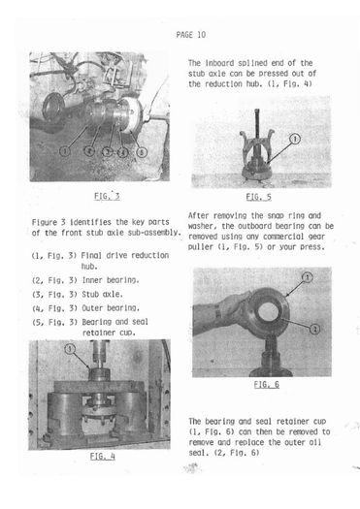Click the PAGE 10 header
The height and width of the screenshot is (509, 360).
(191, 35)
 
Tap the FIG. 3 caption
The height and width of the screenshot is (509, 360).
(107, 196)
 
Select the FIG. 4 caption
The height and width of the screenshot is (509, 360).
(102, 456)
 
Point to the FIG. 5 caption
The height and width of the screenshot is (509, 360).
(259, 197)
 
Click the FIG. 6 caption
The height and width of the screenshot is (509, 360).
(267, 384)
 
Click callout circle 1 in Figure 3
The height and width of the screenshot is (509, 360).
(65, 151)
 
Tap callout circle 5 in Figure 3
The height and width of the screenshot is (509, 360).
(142, 151)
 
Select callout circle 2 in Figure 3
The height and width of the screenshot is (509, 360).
(89, 151)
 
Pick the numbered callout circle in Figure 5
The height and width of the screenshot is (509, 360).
(295, 139)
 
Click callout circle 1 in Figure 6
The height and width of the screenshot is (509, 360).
(307, 277)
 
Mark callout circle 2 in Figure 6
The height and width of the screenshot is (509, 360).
(314, 330)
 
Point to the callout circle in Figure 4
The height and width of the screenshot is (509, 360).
(70, 349)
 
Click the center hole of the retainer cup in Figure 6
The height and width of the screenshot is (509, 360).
(268, 311)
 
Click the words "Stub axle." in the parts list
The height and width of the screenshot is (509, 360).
(102, 294)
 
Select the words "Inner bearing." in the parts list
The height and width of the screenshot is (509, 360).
(111, 280)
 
